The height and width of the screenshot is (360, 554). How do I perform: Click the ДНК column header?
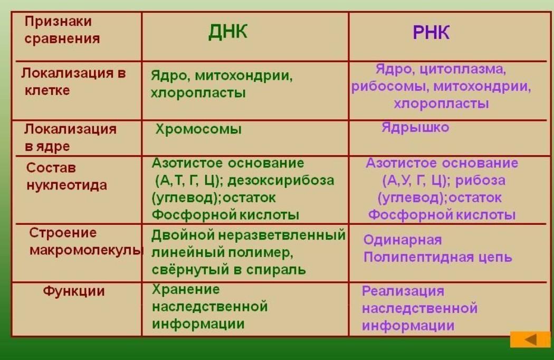[x=228, y=32]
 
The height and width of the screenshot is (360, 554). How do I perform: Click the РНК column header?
[x=431, y=33]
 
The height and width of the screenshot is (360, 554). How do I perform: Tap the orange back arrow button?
[x=530, y=339]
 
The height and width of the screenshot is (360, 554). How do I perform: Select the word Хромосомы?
[x=198, y=129]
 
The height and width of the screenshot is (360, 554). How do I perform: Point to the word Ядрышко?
[x=415, y=127]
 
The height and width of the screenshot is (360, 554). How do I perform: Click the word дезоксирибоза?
[x=281, y=181]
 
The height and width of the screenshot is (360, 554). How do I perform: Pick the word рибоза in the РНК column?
[x=480, y=181]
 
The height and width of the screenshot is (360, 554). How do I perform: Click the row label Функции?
[x=74, y=292]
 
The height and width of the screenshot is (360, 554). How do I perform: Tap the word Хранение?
[x=186, y=289]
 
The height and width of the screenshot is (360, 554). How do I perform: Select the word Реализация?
[x=403, y=291]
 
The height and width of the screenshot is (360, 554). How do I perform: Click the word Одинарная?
[x=403, y=240]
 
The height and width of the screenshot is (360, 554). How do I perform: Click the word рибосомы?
[x=390, y=86]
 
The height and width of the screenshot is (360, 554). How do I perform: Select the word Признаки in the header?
[x=58, y=22]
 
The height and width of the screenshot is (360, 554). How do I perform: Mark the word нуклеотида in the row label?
[x=67, y=186]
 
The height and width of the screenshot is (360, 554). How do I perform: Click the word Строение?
[x=63, y=233]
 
